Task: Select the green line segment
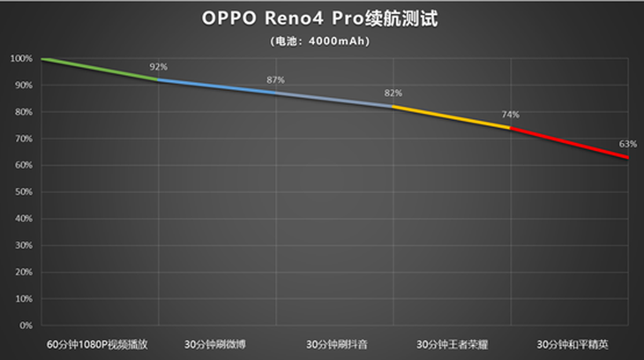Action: pos(100,70)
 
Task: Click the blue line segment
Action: pos(217,86)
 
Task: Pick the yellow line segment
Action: pos(452,116)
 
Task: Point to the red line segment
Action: pos(569,142)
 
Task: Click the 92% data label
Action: pos(158,67)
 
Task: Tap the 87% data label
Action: pos(275,80)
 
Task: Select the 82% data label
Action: pos(393,94)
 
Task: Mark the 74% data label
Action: pos(510,115)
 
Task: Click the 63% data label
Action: pos(627,144)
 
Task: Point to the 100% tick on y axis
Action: pos(22,59)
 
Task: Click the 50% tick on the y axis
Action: pos(24,192)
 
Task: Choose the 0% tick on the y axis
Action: pos(26,326)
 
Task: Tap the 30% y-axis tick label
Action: pos(24,245)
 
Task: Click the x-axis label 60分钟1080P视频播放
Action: pos(100,343)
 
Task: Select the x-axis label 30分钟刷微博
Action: pos(217,343)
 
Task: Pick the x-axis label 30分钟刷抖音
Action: pos(334,343)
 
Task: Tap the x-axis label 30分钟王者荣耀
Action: pos(452,343)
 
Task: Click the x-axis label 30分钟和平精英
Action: pos(569,343)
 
